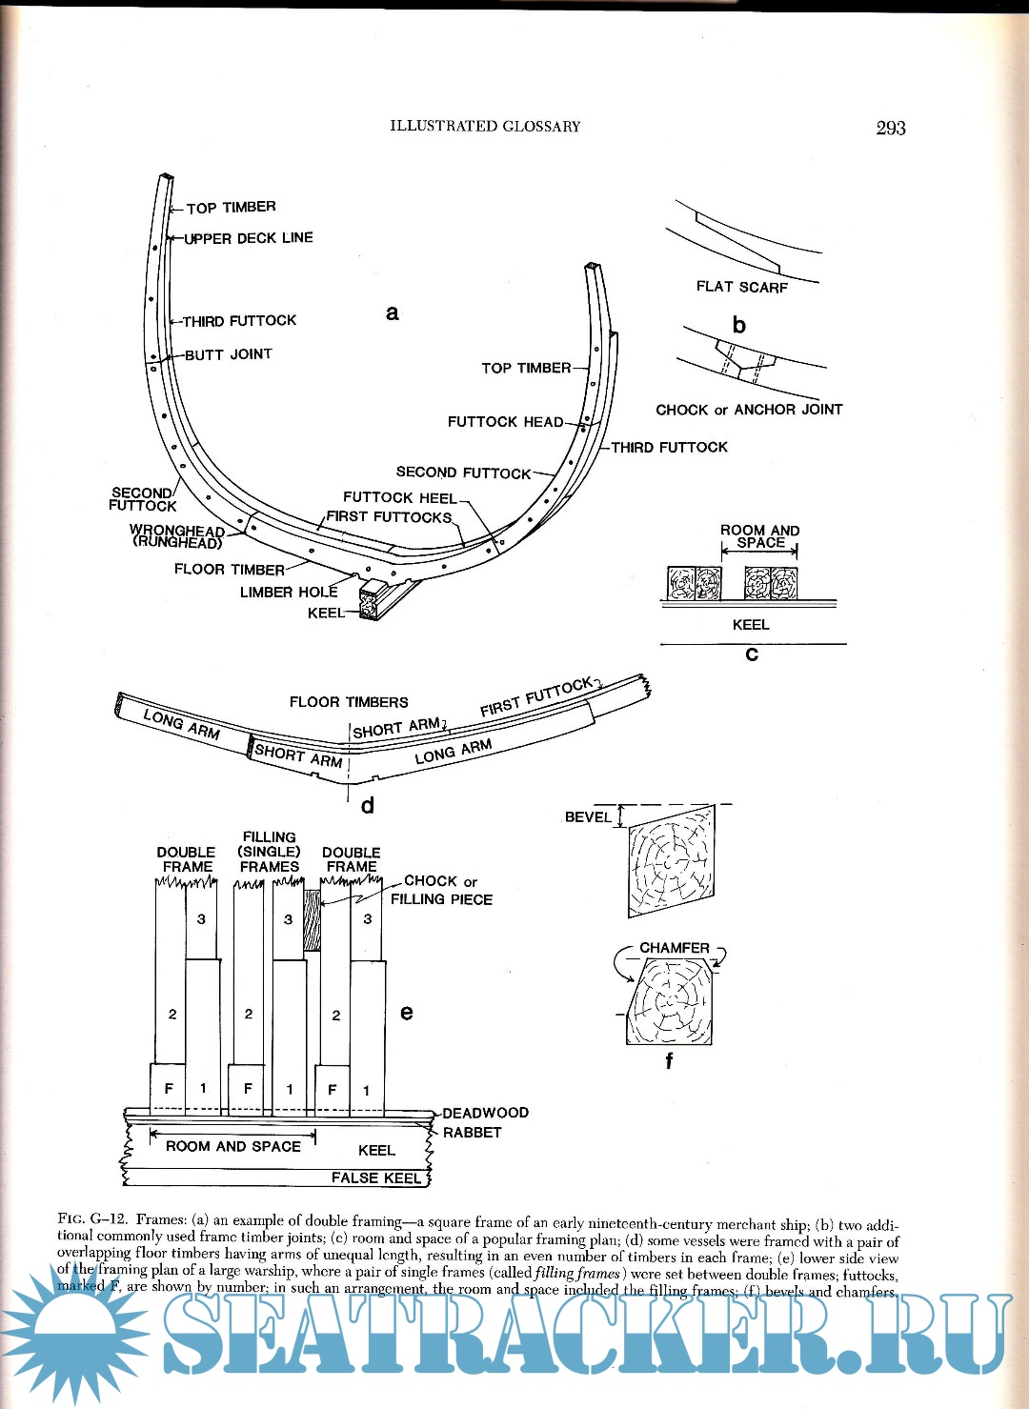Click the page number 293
click(890, 128)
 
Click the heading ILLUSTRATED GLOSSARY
click(485, 126)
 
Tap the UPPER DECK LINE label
click(249, 238)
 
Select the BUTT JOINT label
click(229, 354)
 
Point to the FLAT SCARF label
click(741, 287)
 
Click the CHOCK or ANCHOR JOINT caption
click(749, 410)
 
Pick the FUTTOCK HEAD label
click(505, 421)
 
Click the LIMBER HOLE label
click(289, 592)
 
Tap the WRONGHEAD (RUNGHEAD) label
click(177, 536)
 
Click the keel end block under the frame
click(370, 604)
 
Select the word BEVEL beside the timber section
click(588, 817)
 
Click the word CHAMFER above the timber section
click(675, 948)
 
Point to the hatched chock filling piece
click(312, 920)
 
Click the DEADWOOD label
click(485, 1113)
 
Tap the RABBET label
click(472, 1133)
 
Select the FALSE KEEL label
click(375, 1178)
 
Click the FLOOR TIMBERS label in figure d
click(349, 702)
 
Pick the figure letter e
click(407, 1012)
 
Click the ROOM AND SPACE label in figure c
click(759, 536)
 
